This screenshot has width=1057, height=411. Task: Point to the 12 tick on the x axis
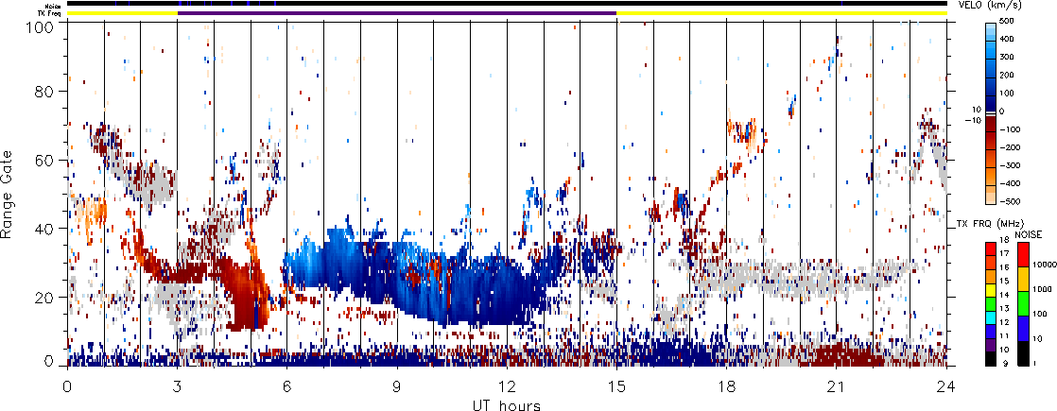507,366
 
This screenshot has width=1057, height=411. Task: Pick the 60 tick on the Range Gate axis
67,160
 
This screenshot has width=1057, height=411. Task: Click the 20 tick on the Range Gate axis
67,297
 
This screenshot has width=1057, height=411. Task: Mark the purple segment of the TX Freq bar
397,13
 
